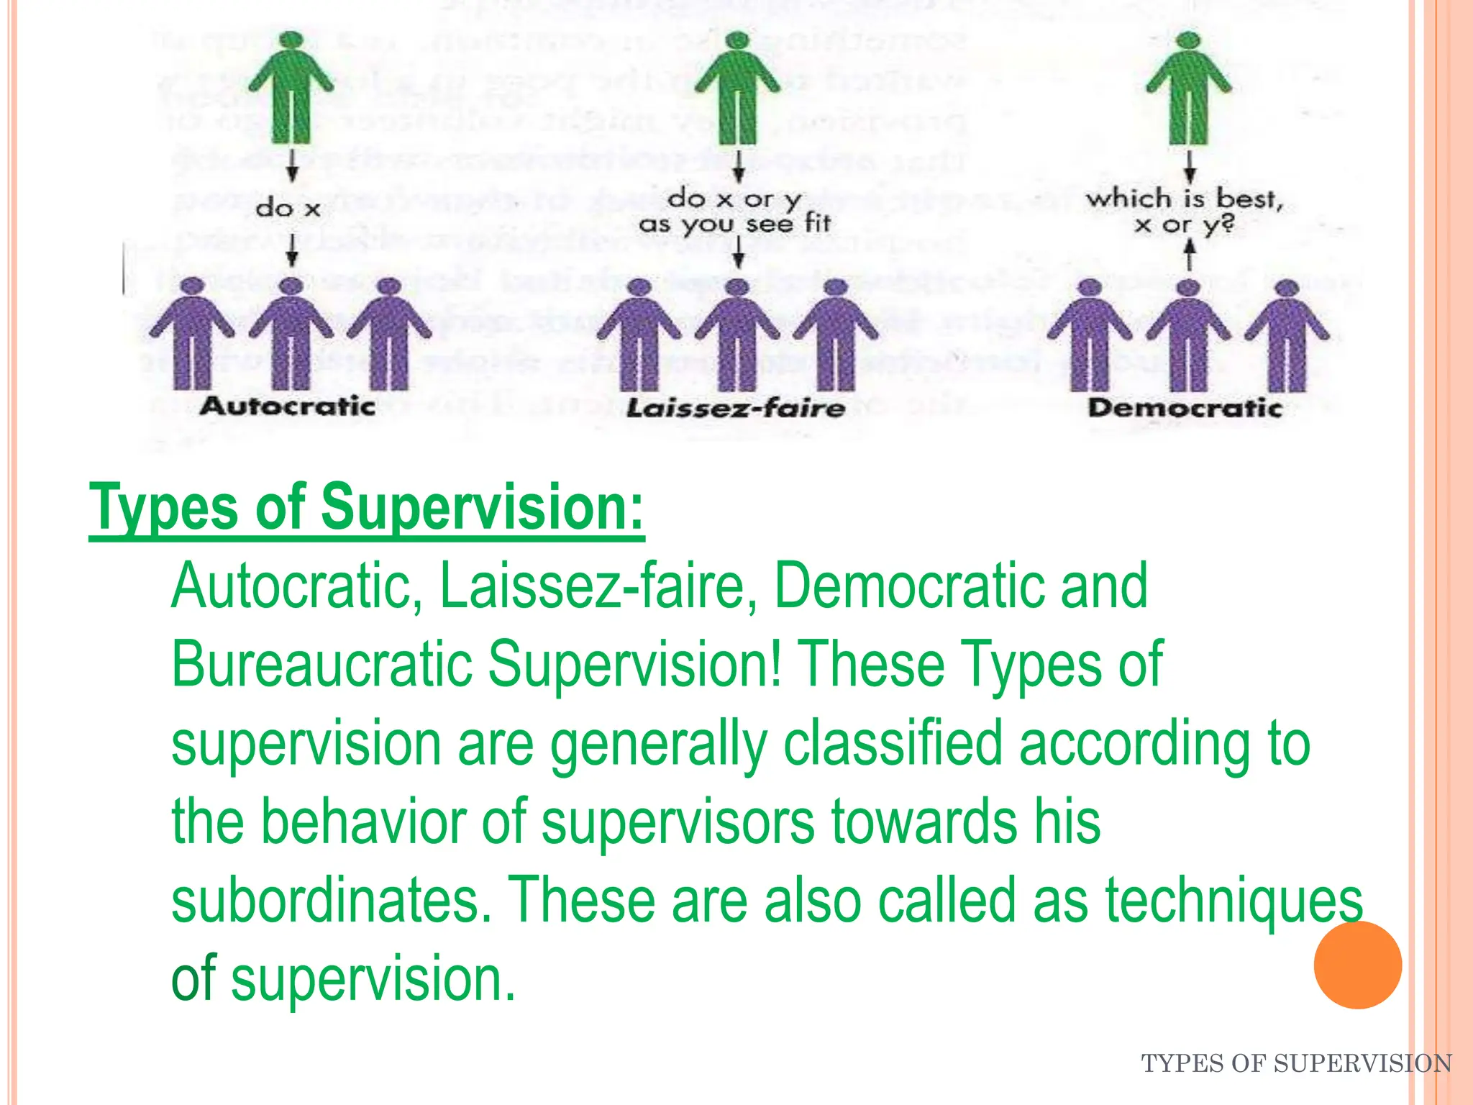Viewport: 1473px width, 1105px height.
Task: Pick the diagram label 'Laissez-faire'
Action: (736, 409)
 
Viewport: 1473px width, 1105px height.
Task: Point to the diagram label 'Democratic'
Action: (1185, 408)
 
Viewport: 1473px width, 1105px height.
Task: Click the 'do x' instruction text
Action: (288, 209)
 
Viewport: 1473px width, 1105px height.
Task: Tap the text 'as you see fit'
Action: (735, 224)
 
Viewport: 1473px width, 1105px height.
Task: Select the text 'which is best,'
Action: (1185, 198)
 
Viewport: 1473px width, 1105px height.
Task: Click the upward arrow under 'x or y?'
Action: (1190, 254)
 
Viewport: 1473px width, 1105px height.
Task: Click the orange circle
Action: (1357, 965)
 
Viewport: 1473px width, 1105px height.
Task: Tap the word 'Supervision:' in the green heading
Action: (482, 509)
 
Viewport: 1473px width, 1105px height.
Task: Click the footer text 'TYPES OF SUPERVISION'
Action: (1296, 1063)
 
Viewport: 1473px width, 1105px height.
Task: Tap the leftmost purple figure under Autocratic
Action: (191, 335)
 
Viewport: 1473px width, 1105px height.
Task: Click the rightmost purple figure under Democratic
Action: (1287, 335)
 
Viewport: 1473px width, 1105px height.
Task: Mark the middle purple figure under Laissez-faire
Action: (738, 335)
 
